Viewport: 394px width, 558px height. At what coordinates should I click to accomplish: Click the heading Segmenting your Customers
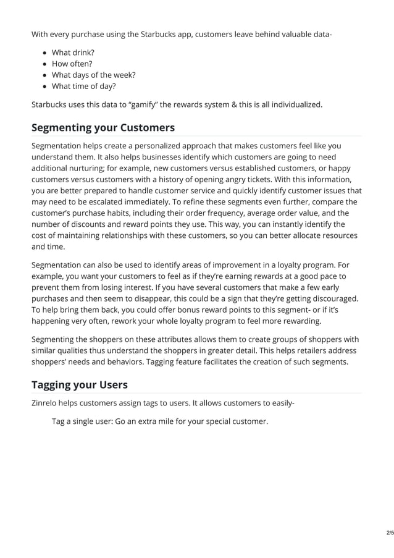103,128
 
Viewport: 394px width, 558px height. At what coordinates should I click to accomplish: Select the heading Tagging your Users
80,384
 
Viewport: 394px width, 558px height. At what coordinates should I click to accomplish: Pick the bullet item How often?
72,64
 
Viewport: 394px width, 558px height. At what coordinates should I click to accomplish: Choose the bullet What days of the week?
93,75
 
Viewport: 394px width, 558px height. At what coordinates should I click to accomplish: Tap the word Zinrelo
48,404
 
